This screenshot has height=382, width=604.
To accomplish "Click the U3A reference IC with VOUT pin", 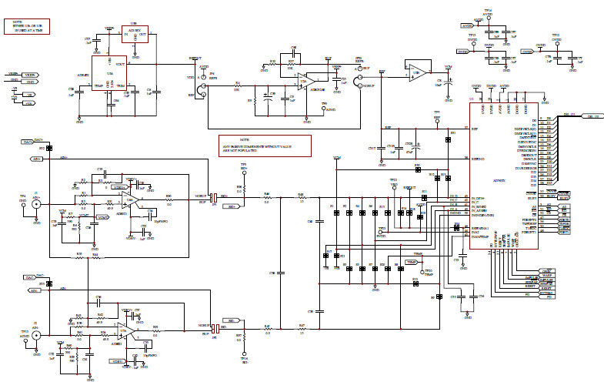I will pos(108,74).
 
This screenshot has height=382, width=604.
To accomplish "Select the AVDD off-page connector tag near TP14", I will pos(470,25).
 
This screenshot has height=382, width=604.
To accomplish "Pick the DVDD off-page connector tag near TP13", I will pos(462,52).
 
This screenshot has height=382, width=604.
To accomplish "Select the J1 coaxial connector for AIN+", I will pos(36,205).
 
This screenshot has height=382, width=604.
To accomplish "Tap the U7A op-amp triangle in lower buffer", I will pos(132,332).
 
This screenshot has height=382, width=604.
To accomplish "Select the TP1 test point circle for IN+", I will pos(243,170).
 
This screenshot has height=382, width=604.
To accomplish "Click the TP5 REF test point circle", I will pos(436,119).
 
